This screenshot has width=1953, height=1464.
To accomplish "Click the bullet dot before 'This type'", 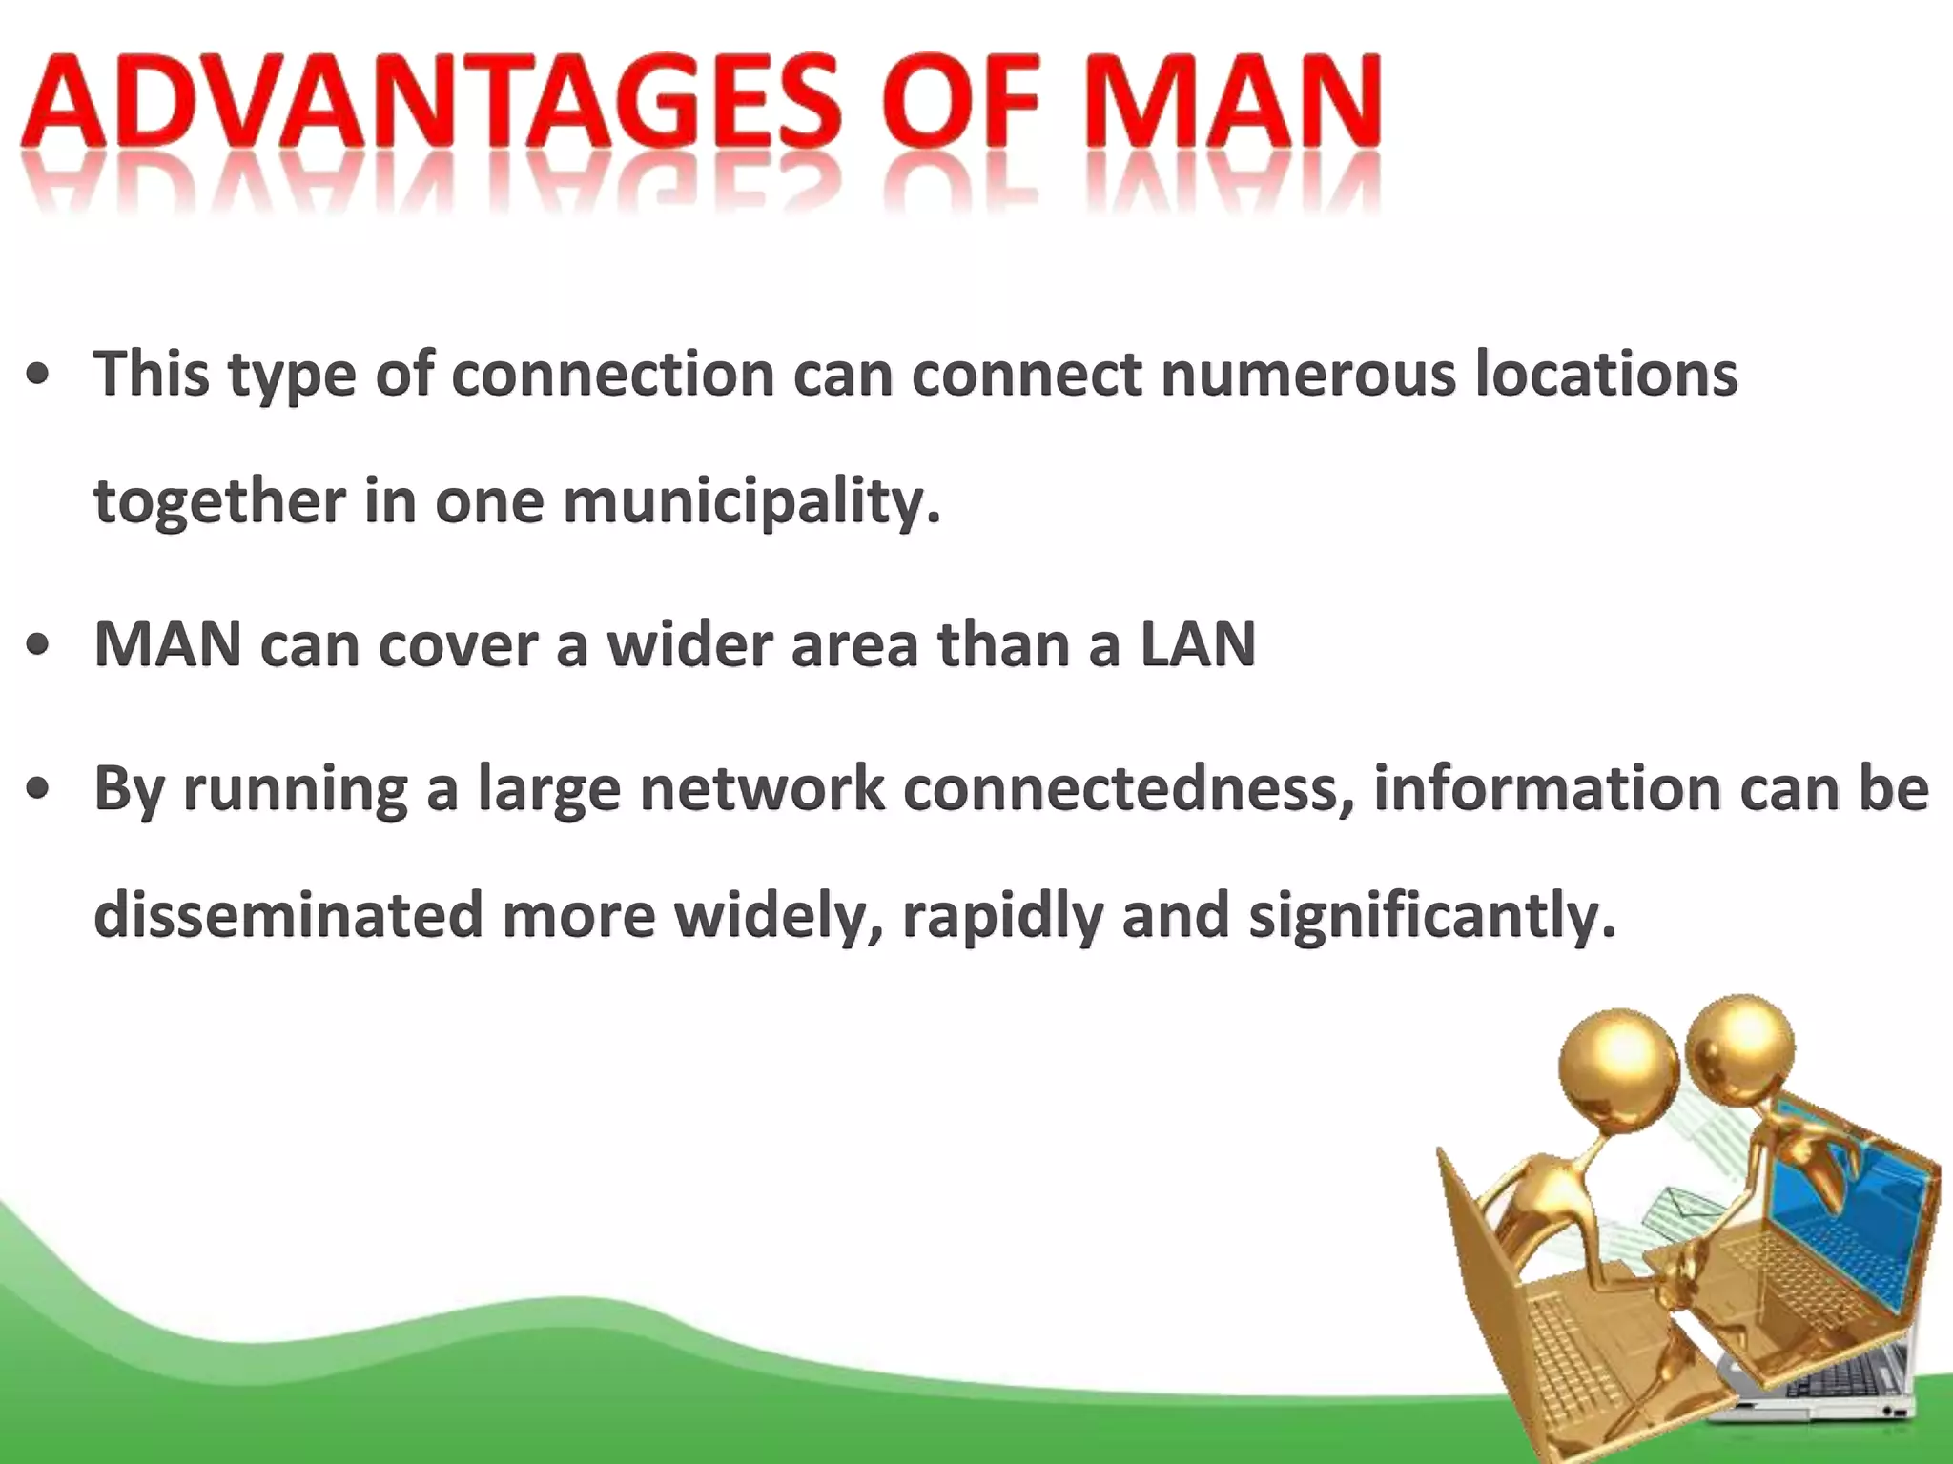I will (x=38, y=376).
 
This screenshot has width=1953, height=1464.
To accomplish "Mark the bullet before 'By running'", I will (x=38, y=790).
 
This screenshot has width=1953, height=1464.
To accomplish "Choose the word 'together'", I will (x=219, y=502).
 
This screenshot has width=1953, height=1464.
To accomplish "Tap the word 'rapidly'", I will (x=1001, y=918).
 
